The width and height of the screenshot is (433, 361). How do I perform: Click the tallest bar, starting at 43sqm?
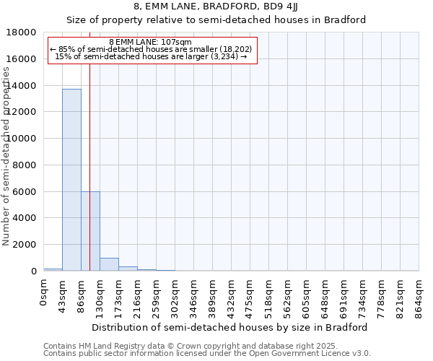tap(71, 180)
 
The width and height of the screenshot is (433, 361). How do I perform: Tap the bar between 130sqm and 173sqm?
tap(109, 264)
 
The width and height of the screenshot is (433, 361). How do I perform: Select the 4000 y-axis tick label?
tap(24, 218)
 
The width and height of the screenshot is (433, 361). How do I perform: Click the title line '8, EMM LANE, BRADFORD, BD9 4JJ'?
tap(216, 8)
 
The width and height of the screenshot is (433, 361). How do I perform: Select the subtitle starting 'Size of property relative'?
tap(216, 20)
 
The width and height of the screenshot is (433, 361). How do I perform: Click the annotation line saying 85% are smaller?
tap(151, 49)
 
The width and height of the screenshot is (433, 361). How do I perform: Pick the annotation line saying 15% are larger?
tap(151, 56)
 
